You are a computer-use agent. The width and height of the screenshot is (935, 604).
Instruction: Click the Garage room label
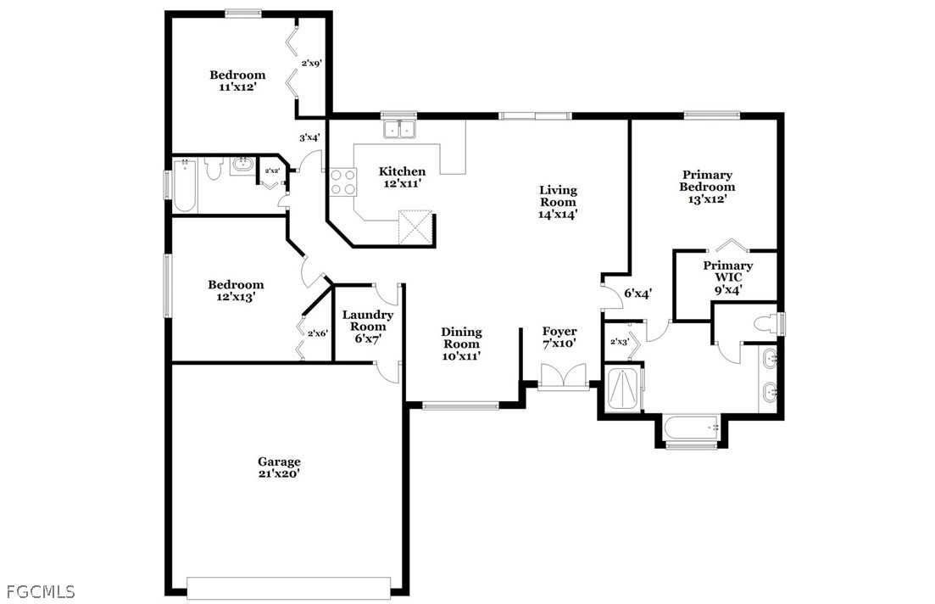coord(279,467)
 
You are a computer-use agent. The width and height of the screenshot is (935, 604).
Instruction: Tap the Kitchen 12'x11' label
coord(402,178)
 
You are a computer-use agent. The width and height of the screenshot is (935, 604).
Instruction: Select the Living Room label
coord(558,203)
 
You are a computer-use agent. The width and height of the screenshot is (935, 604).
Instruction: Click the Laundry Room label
coord(368,327)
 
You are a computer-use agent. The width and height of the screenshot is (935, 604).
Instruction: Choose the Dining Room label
coord(461,344)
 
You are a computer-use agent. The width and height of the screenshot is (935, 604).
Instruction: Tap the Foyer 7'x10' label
coord(559,338)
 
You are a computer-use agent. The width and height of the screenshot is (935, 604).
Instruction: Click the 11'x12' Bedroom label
coord(237,81)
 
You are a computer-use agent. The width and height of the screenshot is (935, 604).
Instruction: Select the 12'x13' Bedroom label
coord(236,291)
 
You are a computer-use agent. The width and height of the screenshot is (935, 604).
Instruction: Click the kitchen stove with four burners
coord(342,182)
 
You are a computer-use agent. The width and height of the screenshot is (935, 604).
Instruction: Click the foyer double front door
coord(564,377)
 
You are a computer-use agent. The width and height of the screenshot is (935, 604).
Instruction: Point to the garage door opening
coord(288,587)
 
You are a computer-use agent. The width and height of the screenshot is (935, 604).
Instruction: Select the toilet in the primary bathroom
coord(767,324)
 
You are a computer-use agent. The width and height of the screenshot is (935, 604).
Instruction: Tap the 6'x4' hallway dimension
coord(637,294)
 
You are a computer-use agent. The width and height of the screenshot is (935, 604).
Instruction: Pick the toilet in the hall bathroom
coord(213,168)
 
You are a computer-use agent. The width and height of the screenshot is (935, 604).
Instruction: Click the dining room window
coord(460,406)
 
